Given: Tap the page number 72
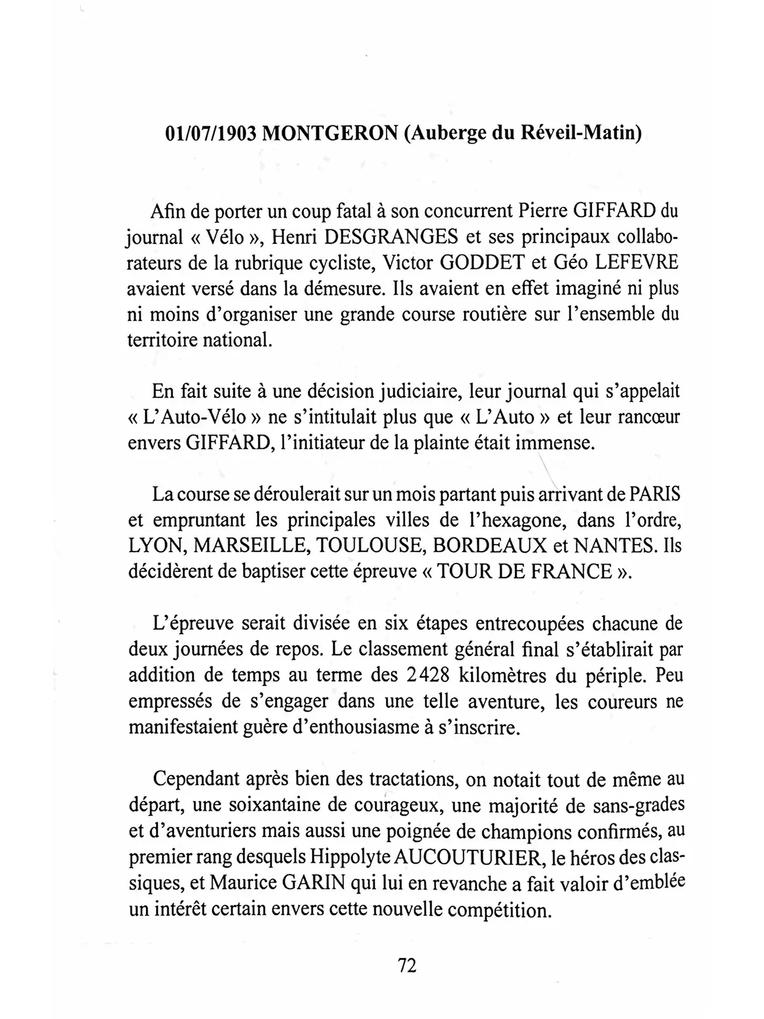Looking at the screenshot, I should point(407,965).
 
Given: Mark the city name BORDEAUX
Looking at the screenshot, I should point(483,546).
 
